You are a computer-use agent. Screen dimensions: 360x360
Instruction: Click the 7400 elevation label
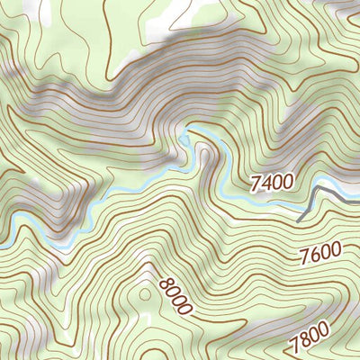271,183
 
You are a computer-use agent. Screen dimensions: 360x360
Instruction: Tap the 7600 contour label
321,253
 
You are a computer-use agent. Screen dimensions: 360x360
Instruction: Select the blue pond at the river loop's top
185,139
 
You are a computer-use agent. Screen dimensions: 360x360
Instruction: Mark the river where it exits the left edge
3,244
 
